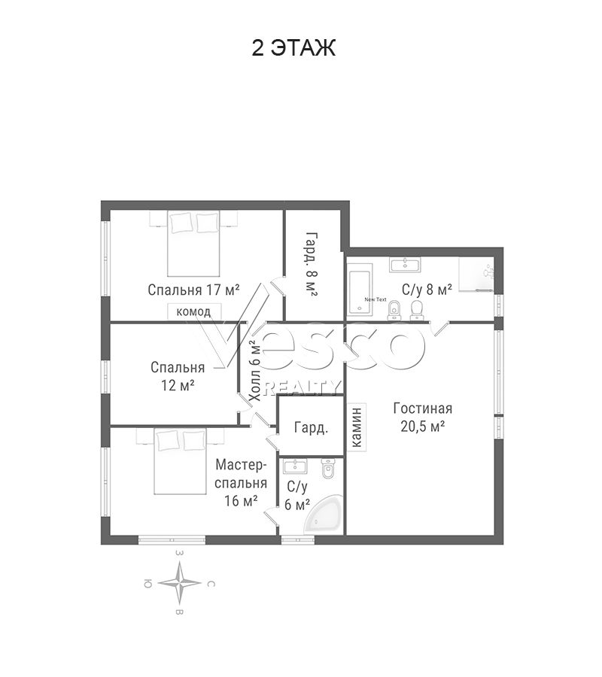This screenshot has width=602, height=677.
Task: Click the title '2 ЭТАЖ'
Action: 293,47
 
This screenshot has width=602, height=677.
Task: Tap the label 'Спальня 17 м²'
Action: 193,290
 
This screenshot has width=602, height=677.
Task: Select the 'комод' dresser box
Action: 194,311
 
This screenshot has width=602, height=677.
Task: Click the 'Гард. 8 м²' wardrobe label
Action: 312,264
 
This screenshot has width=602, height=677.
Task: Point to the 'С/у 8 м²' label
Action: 427,289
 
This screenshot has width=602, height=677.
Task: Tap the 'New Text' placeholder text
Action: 375,299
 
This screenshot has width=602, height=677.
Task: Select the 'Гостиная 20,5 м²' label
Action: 423,417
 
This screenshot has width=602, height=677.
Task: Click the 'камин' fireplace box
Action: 357,427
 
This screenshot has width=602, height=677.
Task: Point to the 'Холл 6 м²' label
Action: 256,371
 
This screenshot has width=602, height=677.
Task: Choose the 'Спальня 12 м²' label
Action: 178,376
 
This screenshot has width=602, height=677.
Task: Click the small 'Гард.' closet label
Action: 311,427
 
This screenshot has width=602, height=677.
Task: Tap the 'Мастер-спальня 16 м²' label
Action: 241,483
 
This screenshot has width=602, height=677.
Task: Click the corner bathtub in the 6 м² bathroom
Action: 324,515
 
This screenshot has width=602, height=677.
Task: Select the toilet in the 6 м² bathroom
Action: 328,469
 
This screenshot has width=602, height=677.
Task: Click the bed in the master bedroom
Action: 181,462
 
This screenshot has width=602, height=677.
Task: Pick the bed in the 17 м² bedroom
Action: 194,244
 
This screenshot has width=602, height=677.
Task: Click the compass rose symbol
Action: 179,583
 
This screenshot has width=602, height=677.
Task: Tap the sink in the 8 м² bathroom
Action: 405,264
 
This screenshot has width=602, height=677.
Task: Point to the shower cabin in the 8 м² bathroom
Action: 476,275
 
